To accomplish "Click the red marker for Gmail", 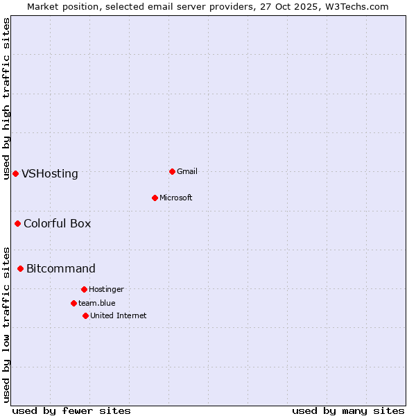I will point(172,171).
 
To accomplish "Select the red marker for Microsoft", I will point(155,198).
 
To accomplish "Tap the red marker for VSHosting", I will point(15,173).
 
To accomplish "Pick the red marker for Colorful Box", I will point(17,223).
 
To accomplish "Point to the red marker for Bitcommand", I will point(20,268).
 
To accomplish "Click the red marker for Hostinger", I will point(84,289).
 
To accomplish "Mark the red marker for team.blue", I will point(73,303).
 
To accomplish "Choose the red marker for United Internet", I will point(85,315).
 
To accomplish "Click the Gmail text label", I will point(187,171).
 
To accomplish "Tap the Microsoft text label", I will point(176,198).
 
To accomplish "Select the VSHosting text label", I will point(50,174).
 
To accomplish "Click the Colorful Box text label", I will point(58,223).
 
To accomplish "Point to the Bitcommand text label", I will point(61,269).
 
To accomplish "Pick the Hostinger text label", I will point(106,289).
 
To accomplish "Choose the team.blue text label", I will point(97,303).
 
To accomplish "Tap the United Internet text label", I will point(119,315).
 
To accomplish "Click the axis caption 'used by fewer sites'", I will point(71,410).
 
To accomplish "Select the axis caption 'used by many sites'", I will point(348,410).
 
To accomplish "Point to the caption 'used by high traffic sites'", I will point(6,98).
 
